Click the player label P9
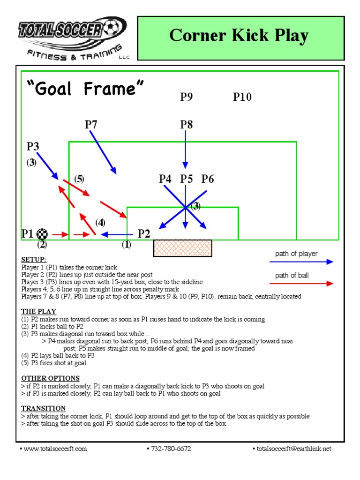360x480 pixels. (187, 97)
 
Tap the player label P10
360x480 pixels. (242, 97)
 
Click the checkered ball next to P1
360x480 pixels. (43, 233)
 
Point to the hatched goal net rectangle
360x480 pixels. (182, 248)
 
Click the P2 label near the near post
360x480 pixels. (144, 234)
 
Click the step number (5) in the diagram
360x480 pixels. (79, 179)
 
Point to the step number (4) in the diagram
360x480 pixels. (100, 222)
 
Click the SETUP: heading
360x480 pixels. (34, 260)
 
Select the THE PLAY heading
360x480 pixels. (38, 311)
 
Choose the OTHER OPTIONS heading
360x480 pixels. (50, 378)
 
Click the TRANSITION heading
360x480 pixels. (43, 408)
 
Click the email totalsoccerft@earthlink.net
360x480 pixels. (294, 449)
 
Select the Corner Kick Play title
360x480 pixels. (239, 35)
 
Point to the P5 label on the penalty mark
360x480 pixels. (187, 179)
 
